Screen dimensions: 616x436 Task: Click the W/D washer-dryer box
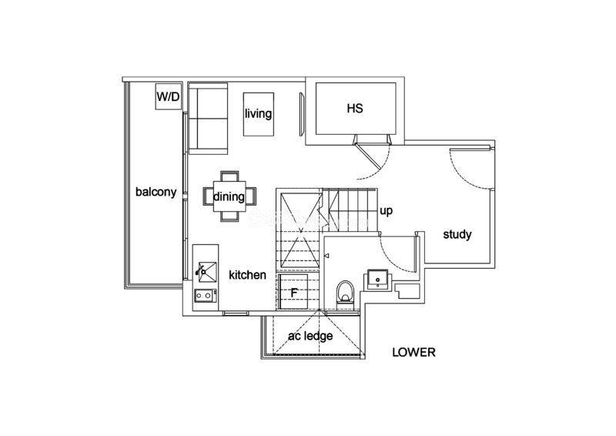[x=168, y=96]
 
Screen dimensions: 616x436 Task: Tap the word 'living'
[x=258, y=113]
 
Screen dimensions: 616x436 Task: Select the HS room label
[x=355, y=108]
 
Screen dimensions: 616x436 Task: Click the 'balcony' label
[x=156, y=192]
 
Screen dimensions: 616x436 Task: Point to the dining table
[x=229, y=196]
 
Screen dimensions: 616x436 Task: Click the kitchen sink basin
[x=207, y=272]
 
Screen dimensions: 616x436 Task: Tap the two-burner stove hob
[x=206, y=295]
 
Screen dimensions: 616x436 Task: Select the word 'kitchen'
[x=247, y=275]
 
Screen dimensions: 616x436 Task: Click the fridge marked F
[x=293, y=292]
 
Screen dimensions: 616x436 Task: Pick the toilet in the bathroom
[x=345, y=293]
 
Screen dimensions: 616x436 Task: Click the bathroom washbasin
[x=378, y=279]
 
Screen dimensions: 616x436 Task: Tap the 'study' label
[x=457, y=234]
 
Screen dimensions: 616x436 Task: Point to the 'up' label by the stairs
[x=387, y=211]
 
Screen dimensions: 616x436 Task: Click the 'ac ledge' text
[x=310, y=336]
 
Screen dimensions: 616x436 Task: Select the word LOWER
[x=413, y=352]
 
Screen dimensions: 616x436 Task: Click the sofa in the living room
[x=208, y=121]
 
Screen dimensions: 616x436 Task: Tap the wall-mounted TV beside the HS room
[x=302, y=115]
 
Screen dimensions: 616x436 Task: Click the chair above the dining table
[x=229, y=176]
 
